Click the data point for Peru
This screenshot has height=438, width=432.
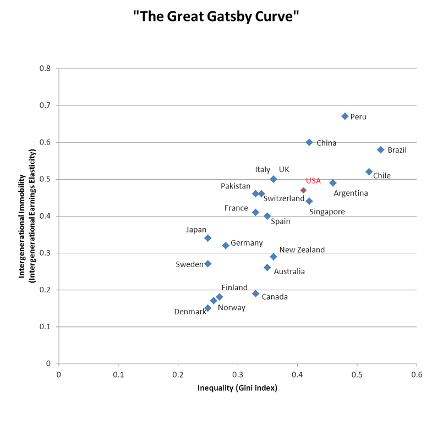point(345,117)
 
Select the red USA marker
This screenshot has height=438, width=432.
point(303,190)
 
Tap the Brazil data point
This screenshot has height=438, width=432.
point(381,149)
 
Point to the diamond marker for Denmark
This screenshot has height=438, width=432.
point(208,308)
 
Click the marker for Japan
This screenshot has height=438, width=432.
point(208,238)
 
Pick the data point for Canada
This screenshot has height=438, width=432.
point(256,293)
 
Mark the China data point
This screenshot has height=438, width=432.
point(309,142)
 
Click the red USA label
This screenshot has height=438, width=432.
point(313,181)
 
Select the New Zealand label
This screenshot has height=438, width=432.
point(302,250)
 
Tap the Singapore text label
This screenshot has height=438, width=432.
point(327,212)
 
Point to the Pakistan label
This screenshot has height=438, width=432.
point(236,186)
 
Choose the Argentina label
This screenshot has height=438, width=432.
point(351,193)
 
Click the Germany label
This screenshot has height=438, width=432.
point(247,243)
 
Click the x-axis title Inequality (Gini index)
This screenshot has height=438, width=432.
point(237,388)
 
